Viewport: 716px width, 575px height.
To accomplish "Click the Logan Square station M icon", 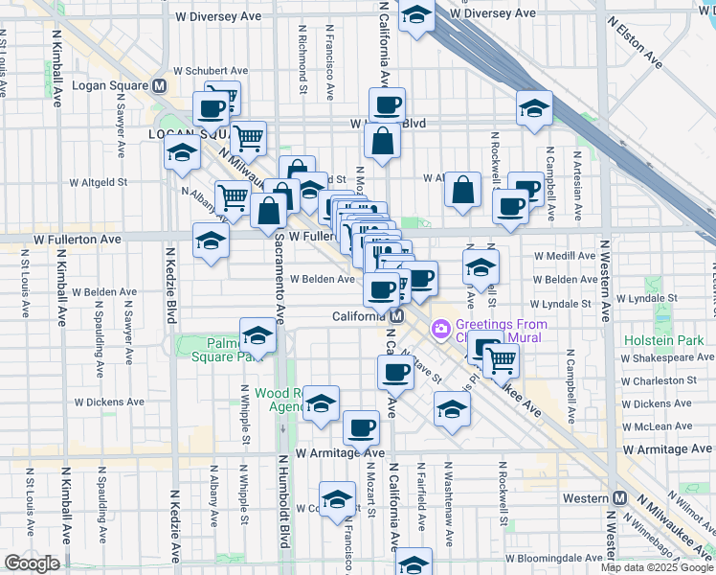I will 159,85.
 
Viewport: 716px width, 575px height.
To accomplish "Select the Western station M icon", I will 619,498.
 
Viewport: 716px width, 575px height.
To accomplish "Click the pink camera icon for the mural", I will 440,330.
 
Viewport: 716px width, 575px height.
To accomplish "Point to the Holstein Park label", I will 661,340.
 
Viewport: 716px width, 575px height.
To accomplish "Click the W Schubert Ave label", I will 211,70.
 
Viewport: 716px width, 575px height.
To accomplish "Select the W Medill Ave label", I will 565,256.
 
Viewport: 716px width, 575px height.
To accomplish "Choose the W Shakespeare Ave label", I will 666,357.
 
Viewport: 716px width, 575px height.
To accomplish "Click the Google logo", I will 32,563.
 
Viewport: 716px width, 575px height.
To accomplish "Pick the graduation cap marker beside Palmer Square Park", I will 257,337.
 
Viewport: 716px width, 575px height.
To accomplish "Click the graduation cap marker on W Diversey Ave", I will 416,14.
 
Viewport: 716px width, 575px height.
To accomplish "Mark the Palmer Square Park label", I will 222,349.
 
